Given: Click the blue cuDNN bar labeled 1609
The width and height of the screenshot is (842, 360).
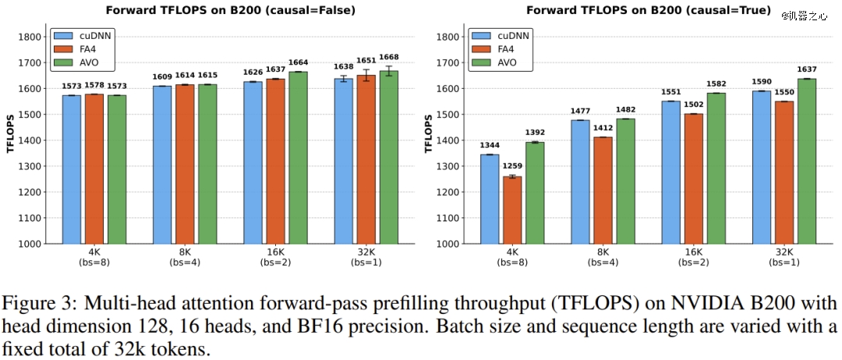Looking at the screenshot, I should coord(162,164).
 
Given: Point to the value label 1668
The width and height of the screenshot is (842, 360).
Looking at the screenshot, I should coord(388,58).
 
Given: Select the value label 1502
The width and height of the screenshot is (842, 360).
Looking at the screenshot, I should coord(693,105).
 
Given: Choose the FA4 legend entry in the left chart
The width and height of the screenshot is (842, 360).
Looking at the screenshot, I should coord(90,48).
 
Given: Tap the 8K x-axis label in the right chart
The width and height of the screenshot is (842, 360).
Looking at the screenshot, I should coord(603,253).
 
